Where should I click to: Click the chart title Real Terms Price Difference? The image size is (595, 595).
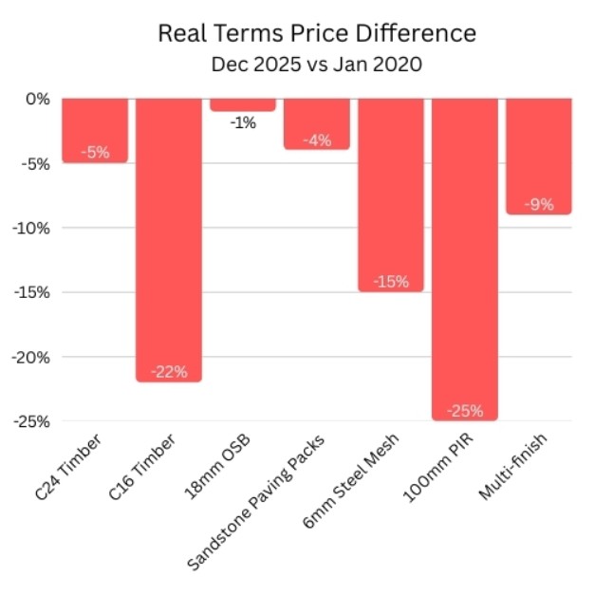tap(316, 34)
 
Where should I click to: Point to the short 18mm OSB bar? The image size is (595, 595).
tap(243, 104)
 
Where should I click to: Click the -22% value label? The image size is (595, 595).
tap(169, 370)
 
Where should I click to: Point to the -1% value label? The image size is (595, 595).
tap(243, 122)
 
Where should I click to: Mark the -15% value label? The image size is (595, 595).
tap(391, 281)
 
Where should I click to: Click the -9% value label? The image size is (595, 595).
tap(539, 203)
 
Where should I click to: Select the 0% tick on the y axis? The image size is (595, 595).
tap(37, 99)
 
